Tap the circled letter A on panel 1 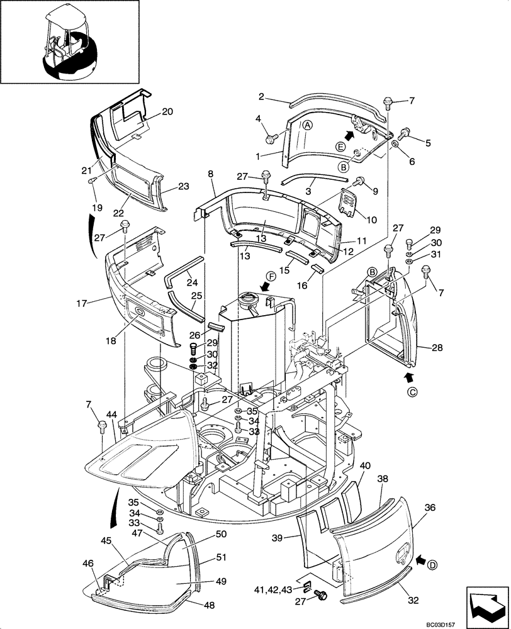[307, 125]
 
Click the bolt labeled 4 [272, 136]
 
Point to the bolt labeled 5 [403, 132]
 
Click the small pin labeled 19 [93, 181]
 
